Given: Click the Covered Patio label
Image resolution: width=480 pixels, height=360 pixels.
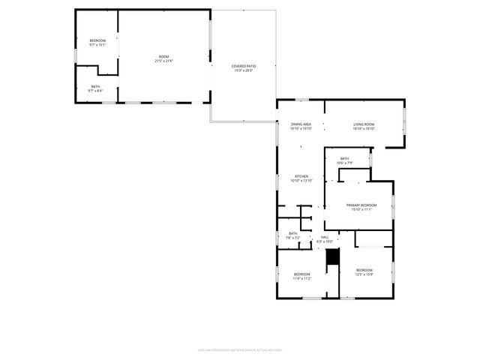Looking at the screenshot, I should [x=242, y=66].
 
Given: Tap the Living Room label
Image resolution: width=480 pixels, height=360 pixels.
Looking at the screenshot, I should [x=364, y=124].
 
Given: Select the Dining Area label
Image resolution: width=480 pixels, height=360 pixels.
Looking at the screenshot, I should [x=301, y=124].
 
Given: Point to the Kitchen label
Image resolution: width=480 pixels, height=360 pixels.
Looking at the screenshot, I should [x=301, y=176].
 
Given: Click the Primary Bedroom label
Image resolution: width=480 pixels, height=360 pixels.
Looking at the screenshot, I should [x=361, y=205].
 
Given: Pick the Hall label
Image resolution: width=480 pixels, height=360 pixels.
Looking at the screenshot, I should [x=325, y=237].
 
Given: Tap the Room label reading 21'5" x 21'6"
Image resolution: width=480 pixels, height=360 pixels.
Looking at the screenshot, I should [x=163, y=57].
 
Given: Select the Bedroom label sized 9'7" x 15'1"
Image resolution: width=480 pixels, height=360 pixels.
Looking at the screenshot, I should [x=97, y=40].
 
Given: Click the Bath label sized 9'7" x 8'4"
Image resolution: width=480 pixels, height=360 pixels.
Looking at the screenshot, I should [x=95, y=86].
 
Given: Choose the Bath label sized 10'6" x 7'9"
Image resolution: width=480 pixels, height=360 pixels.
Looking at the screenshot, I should [x=344, y=158].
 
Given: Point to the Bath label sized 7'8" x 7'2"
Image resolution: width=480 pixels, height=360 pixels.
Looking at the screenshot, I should [x=292, y=233].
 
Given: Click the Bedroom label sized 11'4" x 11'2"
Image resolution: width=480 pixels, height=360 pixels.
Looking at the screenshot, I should [x=301, y=274].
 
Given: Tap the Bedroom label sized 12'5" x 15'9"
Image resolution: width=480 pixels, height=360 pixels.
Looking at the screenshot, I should [x=364, y=270].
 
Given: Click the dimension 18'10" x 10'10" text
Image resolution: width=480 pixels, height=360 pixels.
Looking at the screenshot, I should [x=364, y=128].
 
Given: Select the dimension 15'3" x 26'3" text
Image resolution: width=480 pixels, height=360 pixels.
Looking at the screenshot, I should [x=242, y=70].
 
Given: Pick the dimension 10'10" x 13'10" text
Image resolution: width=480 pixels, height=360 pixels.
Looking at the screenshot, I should [x=301, y=181].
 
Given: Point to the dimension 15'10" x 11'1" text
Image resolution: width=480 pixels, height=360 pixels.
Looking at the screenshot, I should [x=361, y=210].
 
